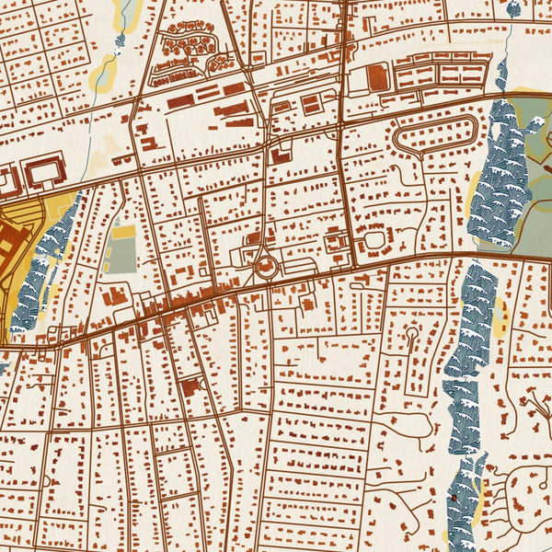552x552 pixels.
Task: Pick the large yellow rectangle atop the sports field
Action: click(123, 233)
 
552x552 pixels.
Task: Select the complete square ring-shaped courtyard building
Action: click(44, 173)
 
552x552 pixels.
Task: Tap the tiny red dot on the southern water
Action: click(454, 498)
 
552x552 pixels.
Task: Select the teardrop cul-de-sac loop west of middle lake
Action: click(411, 336)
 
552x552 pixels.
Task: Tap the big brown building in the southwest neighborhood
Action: click(192, 387)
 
